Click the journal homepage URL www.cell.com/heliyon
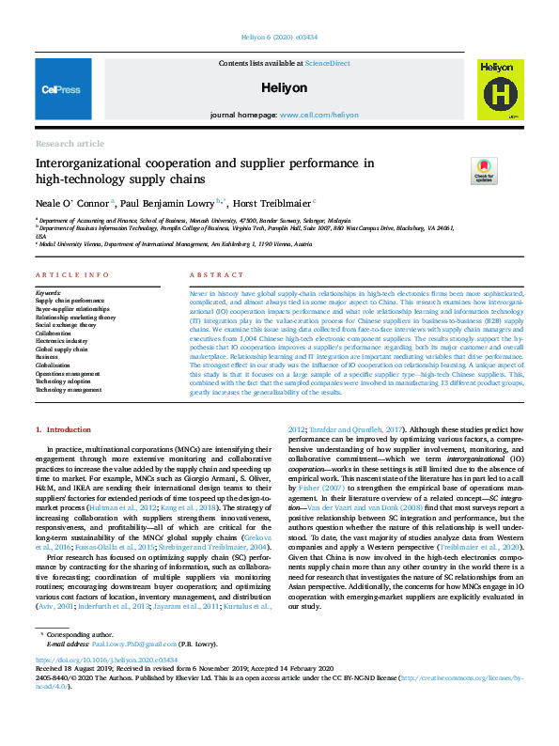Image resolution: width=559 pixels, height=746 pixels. tap(318, 115)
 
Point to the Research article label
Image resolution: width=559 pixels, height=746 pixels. tap(70, 143)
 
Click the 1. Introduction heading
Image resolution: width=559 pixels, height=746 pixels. tap(63, 429)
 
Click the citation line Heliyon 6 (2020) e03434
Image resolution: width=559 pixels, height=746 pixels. tap(279, 37)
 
